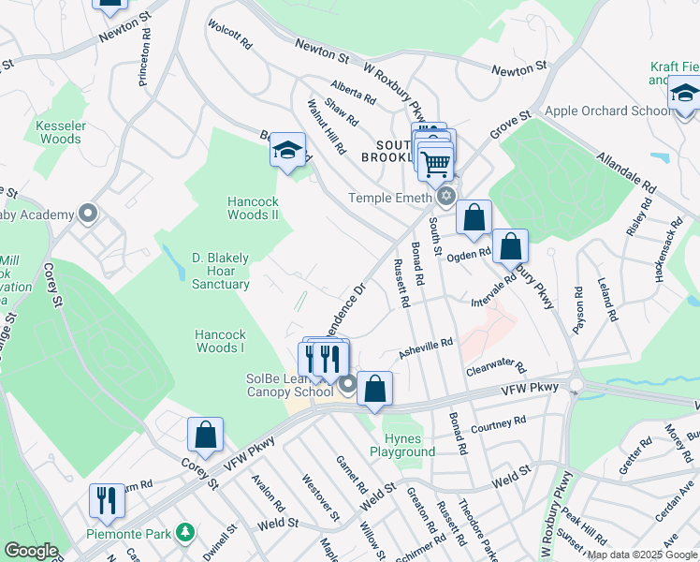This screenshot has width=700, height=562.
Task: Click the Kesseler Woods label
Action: tap(60, 132)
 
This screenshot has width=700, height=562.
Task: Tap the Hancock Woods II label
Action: tap(254, 207)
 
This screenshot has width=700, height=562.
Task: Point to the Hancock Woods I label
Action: tap(220, 341)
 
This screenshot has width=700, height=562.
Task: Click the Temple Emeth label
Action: tap(390, 198)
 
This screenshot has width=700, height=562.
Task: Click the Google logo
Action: tap(32, 551)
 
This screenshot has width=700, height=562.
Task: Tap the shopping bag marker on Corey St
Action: tap(206, 435)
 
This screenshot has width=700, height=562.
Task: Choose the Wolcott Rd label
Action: tap(230, 37)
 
